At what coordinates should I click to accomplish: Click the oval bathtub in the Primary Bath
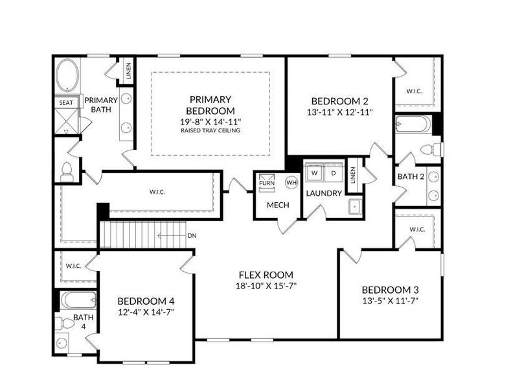pyautogui.click(x=67, y=75)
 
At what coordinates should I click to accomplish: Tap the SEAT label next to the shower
pyautogui.click(x=66, y=102)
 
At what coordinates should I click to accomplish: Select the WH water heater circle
pyautogui.click(x=291, y=182)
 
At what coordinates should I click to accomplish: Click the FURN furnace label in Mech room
pyautogui.click(x=267, y=183)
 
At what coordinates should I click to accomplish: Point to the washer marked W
pyautogui.click(x=315, y=173)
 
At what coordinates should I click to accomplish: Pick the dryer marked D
pyautogui.click(x=334, y=173)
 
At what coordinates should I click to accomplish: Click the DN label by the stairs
pyautogui.click(x=192, y=235)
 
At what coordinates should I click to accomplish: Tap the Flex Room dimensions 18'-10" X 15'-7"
pyautogui.click(x=266, y=286)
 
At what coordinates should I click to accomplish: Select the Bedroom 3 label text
pyautogui.click(x=390, y=290)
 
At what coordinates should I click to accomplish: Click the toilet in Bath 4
pyautogui.click(x=64, y=324)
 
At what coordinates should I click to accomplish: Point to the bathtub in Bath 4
pyautogui.click(x=78, y=300)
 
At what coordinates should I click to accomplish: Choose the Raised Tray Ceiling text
pyautogui.click(x=210, y=130)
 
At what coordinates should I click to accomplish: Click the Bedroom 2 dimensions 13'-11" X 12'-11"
pyautogui.click(x=339, y=112)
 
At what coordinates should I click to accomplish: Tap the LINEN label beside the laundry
pyautogui.click(x=353, y=175)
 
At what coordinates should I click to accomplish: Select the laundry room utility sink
pyautogui.click(x=355, y=207)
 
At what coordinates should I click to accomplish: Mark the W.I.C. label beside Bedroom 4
pyautogui.click(x=73, y=266)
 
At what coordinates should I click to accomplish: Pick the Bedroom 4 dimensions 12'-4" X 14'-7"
pyautogui.click(x=146, y=312)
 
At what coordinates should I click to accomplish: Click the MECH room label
pyautogui.click(x=278, y=206)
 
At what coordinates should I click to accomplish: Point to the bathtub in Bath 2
pyautogui.click(x=413, y=124)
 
